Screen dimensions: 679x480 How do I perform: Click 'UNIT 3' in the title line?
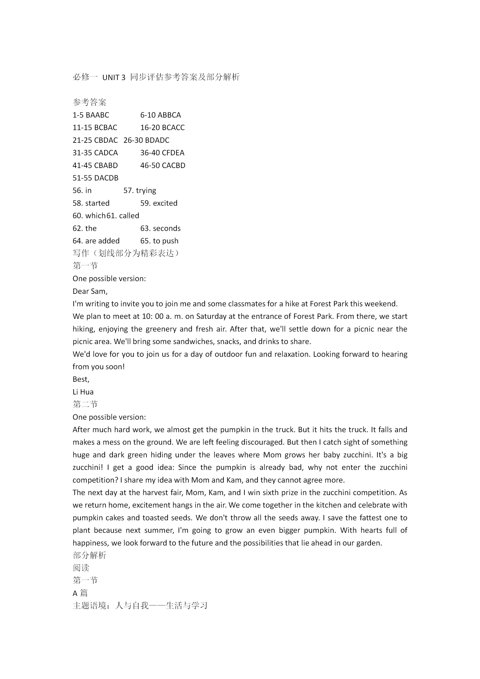tap(114, 77)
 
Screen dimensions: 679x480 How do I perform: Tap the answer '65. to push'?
tap(159, 241)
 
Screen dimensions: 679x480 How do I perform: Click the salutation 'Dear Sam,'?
tap(90, 291)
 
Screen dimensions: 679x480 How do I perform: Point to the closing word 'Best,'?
tap(81, 379)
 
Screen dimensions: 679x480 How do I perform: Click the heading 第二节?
tap(85, 405)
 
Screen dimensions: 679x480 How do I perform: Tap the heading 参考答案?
tap(89, 102)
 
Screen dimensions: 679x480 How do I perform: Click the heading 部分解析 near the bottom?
tap(89, 555)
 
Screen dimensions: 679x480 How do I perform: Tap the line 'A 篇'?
tap(80, 593)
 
